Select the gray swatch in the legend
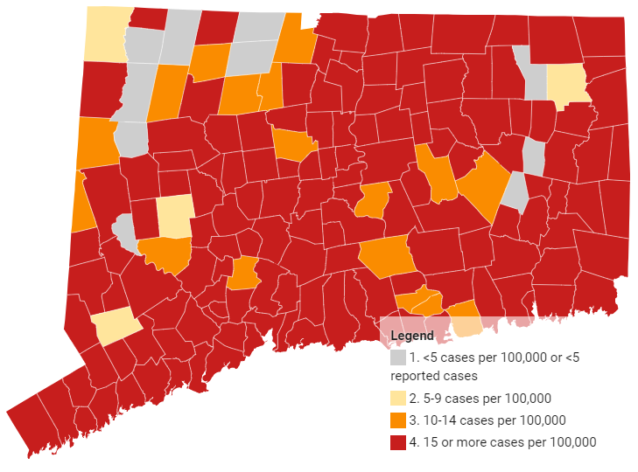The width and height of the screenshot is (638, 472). coord(398,357)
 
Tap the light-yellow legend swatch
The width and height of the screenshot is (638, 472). coord(398,399)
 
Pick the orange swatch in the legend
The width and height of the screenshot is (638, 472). coord(398,420)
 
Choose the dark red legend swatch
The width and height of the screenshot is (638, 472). coord(398,442)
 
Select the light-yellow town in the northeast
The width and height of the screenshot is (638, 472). coord(565,83)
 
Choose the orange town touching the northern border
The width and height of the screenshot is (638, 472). coord(295,39)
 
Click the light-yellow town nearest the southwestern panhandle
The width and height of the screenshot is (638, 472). coord(114,327)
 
